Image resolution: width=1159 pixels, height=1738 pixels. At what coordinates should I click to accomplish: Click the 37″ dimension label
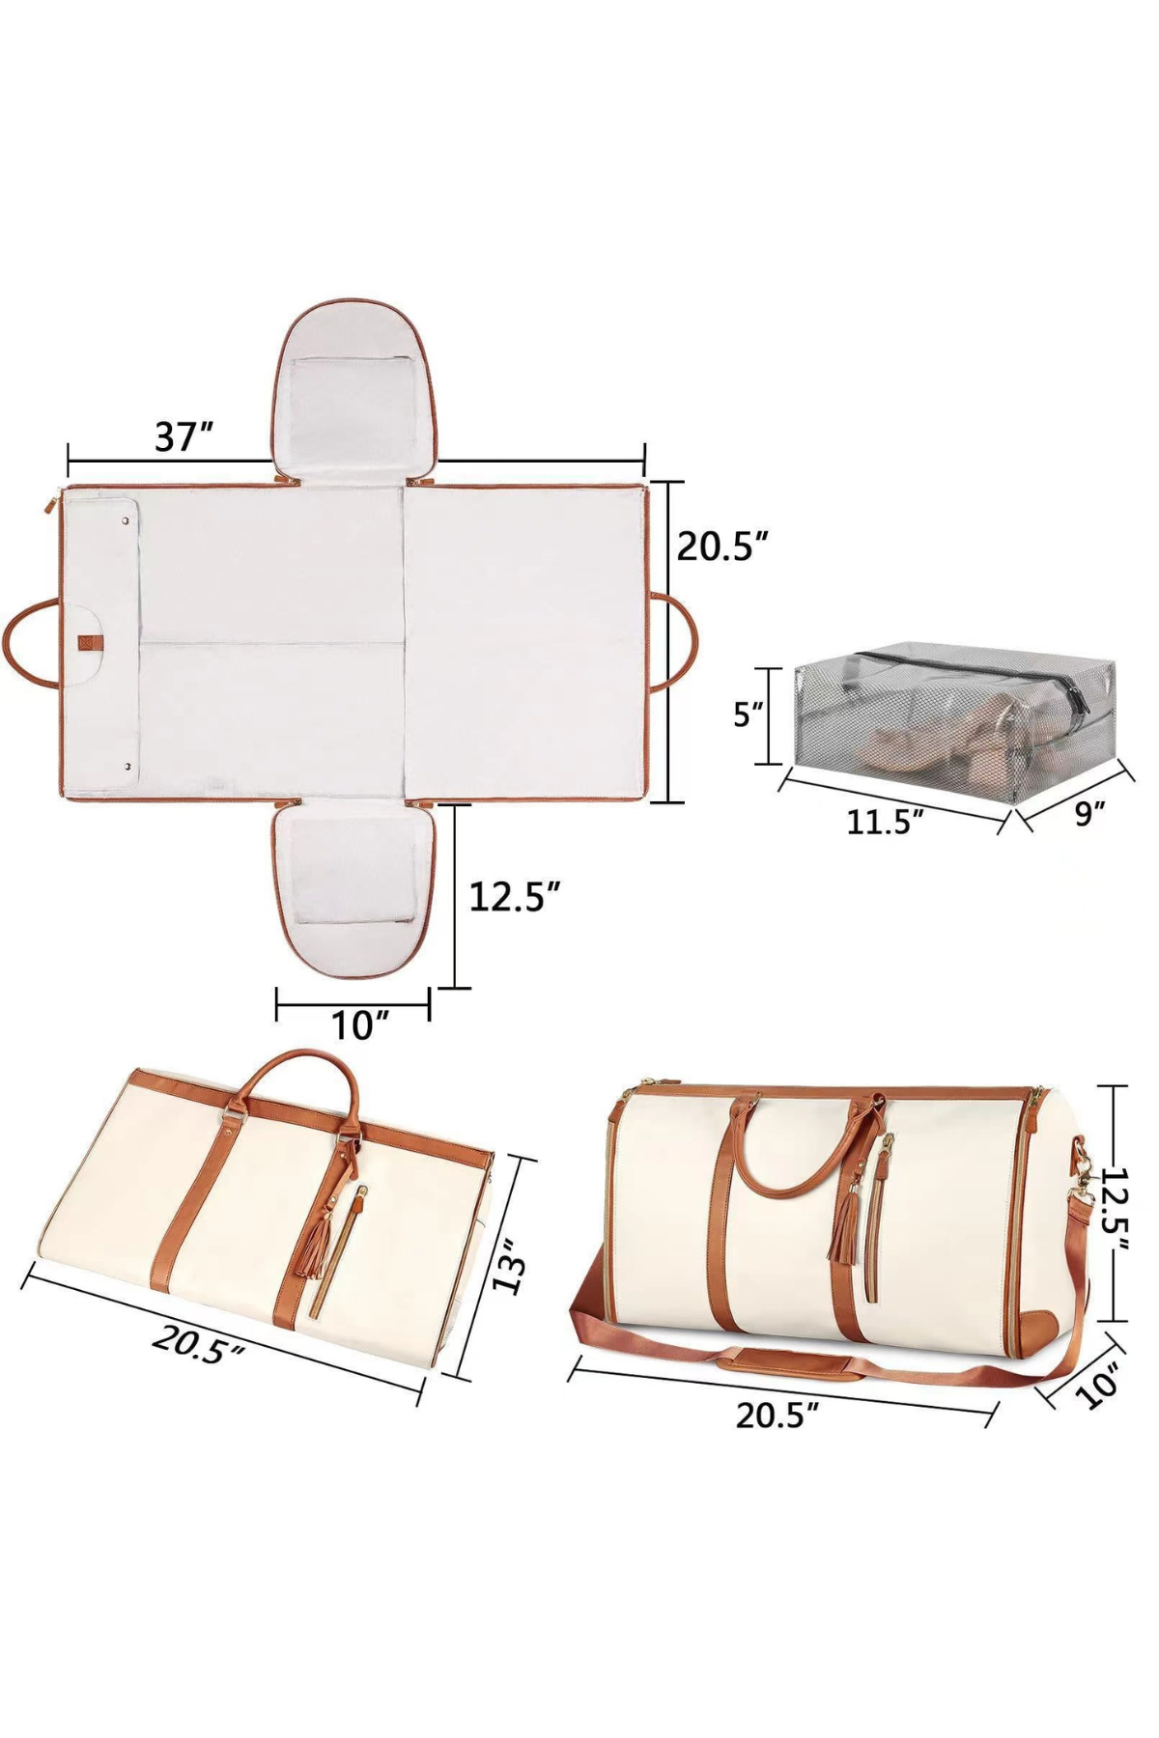184,436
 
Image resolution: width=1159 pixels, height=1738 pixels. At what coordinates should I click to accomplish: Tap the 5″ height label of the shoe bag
748,715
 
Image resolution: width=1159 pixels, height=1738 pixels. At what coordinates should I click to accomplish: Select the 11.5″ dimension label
885,822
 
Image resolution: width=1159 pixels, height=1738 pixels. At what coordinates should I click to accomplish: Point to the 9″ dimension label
1088,813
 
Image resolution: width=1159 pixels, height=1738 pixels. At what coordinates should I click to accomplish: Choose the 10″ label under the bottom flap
359,1025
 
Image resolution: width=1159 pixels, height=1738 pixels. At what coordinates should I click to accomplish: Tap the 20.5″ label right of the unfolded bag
721,547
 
